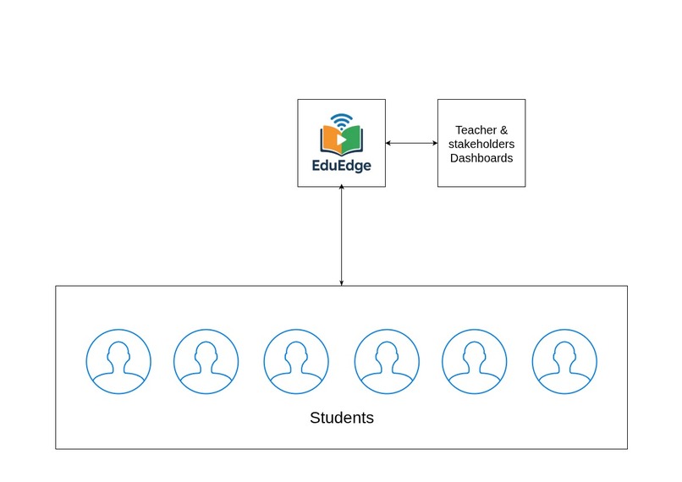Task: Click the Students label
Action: (x=342, y=418)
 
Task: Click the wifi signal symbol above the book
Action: (x=341, y=118)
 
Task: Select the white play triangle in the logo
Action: (x=341, y=139)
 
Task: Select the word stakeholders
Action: (x=481, y=144)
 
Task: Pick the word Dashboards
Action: (x=481, y=157)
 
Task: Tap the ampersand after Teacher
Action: (x=503, y=130)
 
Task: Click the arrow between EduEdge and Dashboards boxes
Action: (x=411, y=143)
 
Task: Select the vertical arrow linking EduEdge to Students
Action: (x=341, y=237)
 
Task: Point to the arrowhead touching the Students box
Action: (x=341, y=282)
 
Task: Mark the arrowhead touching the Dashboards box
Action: (x=433, y=143)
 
